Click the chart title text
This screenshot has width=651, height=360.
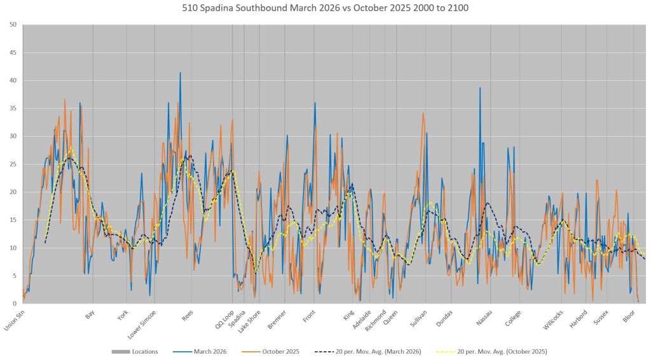[x=325, y=8]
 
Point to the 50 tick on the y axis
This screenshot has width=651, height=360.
[x=13, y=24]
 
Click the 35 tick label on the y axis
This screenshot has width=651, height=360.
[x=13, y=108]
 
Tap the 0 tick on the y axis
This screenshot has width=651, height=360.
[x=15, y=303]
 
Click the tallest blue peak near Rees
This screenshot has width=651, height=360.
[x=180, y=73]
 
